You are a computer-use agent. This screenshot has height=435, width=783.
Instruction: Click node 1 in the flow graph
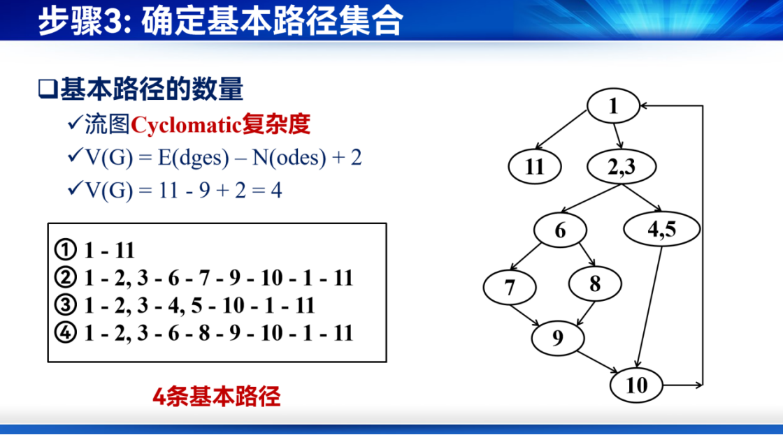(613, 105)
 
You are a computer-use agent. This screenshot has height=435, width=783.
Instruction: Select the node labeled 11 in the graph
(535, 167)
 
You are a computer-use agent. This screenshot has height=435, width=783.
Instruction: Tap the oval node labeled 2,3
(622, 167)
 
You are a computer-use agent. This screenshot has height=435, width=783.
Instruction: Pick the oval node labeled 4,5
(662, 229)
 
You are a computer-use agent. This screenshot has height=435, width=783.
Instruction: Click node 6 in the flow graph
(560, 230)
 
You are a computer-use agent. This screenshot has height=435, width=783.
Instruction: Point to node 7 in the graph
(510, 288)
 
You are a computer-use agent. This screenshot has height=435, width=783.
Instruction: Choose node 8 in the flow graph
(595, 284)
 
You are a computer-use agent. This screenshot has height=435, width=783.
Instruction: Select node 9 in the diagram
(558, 338)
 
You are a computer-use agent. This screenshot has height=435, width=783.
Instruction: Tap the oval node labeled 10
(637, 385)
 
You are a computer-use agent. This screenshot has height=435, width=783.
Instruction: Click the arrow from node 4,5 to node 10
(649, 307)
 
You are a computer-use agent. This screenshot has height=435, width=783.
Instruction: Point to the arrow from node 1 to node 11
(560, 130)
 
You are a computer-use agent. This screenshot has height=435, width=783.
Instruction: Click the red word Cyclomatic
(186, 125)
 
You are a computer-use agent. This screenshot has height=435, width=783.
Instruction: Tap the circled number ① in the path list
(66, 249)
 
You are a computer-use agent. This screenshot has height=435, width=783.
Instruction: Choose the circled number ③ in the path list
(66, 305)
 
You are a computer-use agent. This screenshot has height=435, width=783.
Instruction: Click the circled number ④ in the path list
(66, 333)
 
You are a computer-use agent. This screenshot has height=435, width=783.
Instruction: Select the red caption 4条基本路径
(216, 397)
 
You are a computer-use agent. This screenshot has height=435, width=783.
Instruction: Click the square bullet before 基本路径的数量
(48, 89)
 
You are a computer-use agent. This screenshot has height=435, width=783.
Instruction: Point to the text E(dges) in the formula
(193, 158)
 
